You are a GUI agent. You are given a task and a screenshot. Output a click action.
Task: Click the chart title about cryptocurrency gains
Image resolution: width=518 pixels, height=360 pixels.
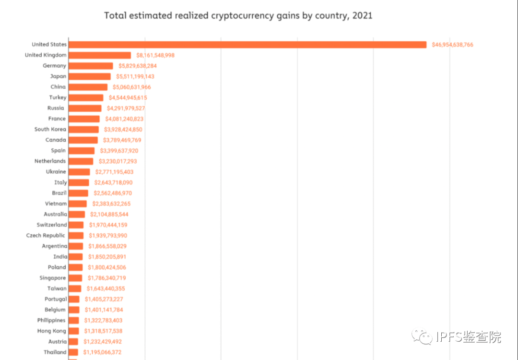238,15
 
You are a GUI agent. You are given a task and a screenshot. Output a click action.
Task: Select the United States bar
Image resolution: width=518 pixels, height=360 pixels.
247,45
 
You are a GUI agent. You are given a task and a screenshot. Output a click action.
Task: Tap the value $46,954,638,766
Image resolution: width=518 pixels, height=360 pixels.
452,45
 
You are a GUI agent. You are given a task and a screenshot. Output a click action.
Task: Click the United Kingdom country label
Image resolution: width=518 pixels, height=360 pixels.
46,55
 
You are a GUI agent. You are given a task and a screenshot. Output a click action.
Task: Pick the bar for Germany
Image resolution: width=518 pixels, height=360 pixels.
91,66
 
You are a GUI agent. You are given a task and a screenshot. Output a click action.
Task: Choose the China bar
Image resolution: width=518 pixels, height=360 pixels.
88,87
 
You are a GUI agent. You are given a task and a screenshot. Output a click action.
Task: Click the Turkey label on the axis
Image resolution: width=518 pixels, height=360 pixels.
58,97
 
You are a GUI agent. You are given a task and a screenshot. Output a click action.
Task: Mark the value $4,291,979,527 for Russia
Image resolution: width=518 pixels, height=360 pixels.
126,108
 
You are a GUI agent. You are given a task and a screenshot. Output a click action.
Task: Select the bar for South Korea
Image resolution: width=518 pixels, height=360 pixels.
83,130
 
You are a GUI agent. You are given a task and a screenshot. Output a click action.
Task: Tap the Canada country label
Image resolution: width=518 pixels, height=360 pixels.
56,140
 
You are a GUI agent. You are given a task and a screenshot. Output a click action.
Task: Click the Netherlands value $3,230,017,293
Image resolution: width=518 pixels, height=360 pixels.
118,161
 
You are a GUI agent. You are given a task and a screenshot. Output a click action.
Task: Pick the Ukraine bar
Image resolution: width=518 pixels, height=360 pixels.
79,172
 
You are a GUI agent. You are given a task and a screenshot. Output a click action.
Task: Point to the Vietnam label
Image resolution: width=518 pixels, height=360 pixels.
56,204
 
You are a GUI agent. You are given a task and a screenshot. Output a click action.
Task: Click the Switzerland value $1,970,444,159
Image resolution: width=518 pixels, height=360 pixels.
108,225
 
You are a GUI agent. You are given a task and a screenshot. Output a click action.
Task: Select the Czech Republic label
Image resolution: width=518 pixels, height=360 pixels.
47,235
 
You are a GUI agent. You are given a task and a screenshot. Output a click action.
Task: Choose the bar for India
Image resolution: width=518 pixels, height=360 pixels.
76,257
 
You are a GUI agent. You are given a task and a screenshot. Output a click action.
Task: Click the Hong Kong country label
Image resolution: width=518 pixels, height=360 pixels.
51,331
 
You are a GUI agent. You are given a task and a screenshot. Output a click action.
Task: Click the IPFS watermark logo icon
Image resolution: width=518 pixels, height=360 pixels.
424,337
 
